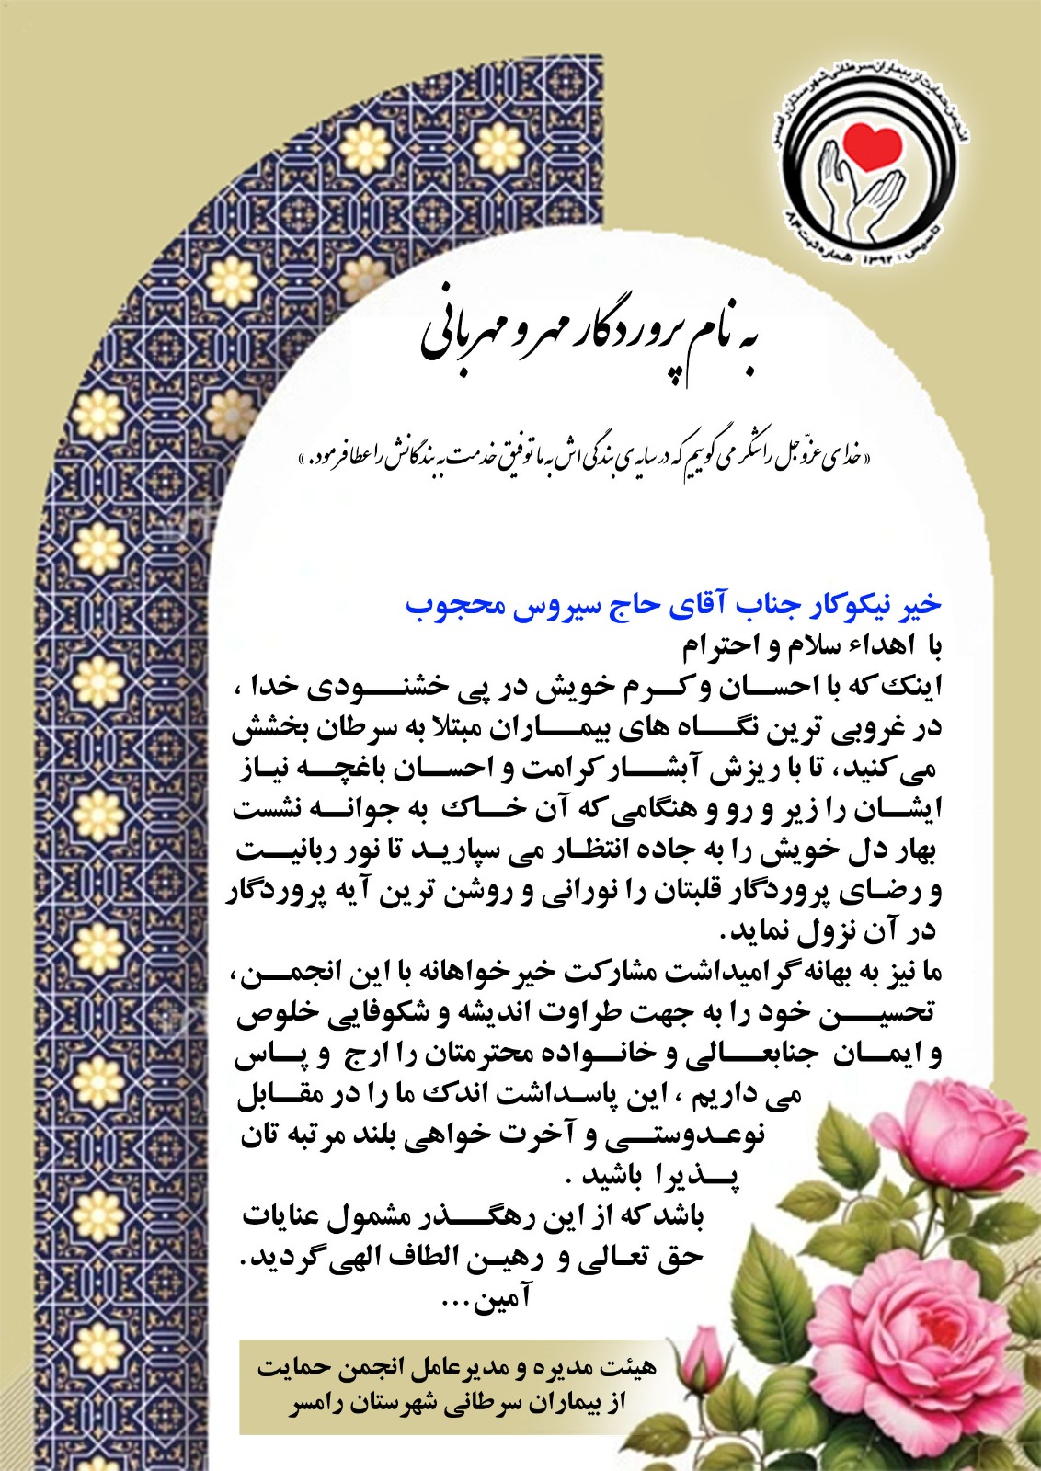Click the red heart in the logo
[875, 145]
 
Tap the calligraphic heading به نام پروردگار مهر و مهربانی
[593, 338]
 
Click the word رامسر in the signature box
[317, 1406]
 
